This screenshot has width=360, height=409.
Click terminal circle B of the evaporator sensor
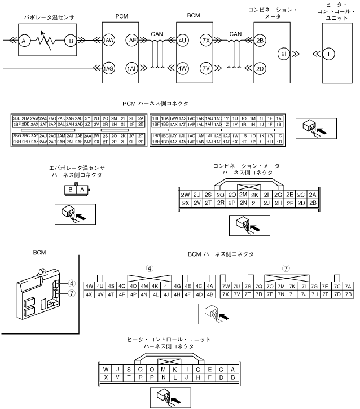(71, 40)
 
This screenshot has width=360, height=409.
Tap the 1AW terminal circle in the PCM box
(109, 40)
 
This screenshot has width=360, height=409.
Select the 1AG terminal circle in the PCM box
(109, 69)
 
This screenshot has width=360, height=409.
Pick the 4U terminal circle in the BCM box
(182, 40)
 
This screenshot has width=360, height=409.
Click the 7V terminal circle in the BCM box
(206, 69)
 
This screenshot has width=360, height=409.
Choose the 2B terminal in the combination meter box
(260, 40)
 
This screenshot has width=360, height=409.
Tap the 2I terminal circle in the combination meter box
(284, 54)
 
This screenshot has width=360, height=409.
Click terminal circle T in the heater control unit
(329, 54)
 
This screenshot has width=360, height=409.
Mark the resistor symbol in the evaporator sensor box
(47, 40)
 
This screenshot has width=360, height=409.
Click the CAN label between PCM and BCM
(157, 34)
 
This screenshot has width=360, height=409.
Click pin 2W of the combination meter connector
(185, 195)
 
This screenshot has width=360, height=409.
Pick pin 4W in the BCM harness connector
(89, 286)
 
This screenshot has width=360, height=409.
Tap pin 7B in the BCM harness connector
(348, 294)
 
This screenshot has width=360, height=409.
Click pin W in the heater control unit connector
(106, 369)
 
